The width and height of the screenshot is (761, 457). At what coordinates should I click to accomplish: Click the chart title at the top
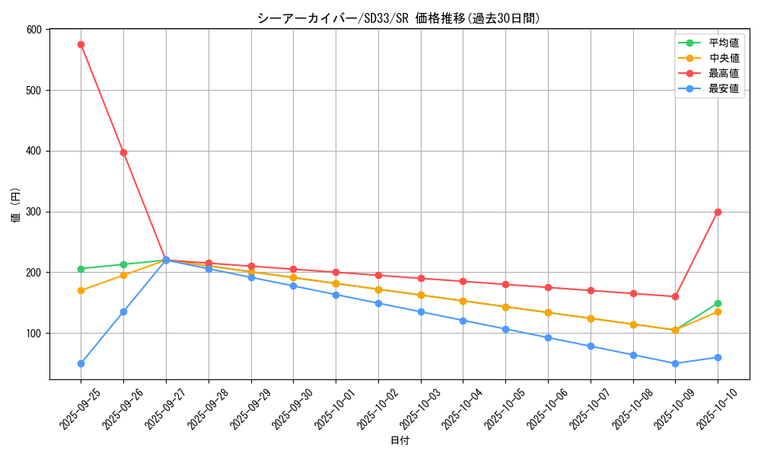[399, 18]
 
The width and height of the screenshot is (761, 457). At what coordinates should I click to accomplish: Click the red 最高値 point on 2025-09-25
[81, 44]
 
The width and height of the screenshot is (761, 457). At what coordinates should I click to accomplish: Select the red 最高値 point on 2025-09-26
[123, 152]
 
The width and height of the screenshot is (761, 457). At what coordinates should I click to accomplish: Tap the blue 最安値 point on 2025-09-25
[81, 363]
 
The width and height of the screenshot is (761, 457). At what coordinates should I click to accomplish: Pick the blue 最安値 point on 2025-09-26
[123, 312]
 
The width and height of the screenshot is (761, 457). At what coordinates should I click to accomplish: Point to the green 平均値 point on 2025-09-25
[81, 269]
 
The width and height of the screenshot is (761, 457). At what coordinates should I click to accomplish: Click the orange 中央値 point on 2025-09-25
[81, 290]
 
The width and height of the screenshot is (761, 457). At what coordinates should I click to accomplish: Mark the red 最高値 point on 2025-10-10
[718, 212]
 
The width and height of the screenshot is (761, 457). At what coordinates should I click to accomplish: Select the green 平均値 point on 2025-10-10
[718, 303]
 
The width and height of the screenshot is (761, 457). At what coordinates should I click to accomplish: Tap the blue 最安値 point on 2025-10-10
[718, 357]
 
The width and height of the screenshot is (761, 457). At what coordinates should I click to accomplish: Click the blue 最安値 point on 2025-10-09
[675, 363]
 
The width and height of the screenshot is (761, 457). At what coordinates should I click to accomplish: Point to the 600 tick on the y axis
[37, 30]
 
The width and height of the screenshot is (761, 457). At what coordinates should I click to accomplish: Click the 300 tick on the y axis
[37, 212]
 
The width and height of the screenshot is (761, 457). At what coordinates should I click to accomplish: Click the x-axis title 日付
[400, 441]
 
